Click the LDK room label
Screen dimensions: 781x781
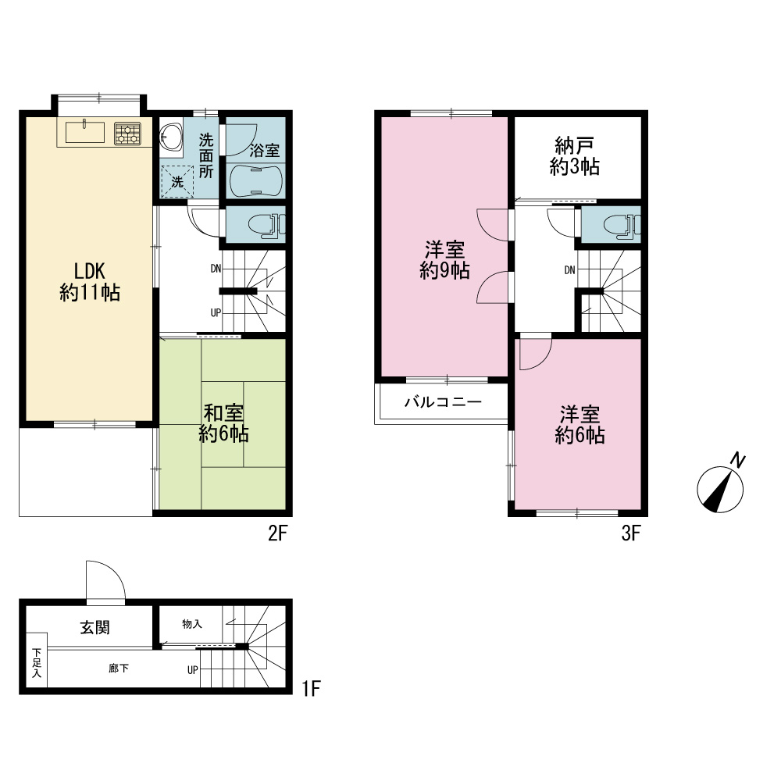(90, 282)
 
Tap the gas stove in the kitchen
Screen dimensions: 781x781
(127, 134)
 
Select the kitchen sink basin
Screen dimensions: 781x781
(84, 132)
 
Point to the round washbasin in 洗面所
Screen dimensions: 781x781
(171, 136)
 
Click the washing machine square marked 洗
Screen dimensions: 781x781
(177, 182)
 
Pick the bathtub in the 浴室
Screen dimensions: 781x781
(256, 181)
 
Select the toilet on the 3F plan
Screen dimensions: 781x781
(622, 225)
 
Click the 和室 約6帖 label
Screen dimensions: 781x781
(223, 423)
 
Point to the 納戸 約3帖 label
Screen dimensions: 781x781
(574, 156)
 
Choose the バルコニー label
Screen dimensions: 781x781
(443, 401)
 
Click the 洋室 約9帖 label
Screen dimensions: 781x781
(445, 259)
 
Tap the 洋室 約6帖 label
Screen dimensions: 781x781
(580, 425)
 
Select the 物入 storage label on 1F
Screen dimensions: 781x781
(192, 623)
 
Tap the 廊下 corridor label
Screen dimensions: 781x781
(119, 668)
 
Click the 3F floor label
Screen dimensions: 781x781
(630, 533)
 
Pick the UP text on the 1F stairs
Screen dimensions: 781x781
(193, 670)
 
